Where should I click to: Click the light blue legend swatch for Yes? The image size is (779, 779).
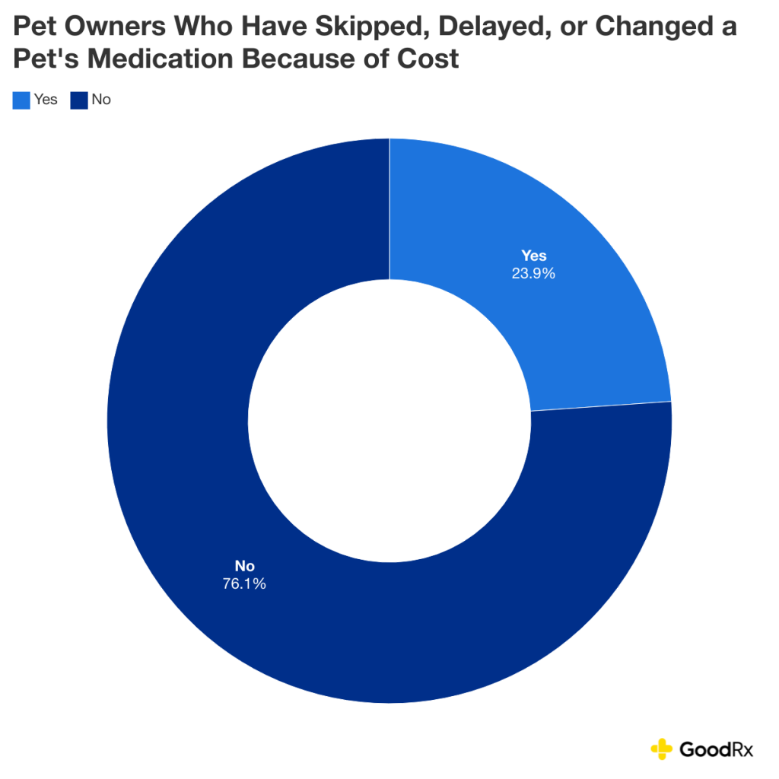tap(21, 100)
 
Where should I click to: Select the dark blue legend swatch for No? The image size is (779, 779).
tap(79, 100)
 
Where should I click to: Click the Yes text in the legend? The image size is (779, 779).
tap(46, 100)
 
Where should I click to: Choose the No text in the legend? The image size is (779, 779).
tap(101, 100)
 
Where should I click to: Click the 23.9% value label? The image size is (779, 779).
tap(533, 272)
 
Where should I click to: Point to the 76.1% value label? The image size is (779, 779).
tap(244, 583)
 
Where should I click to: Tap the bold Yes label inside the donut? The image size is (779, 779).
tap(533, 256)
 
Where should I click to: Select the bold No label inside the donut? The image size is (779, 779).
tap(244, 567)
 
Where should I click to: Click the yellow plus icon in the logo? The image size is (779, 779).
tap(662, 749)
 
